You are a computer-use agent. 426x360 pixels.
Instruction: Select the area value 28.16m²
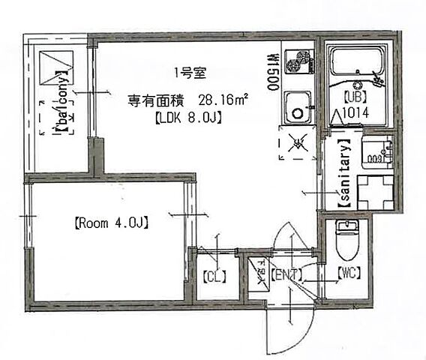pos(223,100)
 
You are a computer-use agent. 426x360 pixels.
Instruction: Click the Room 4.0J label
pos(109,222)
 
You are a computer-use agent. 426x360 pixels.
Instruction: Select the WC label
pos(349,273)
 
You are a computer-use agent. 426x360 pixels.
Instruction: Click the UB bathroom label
pos(354,97)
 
